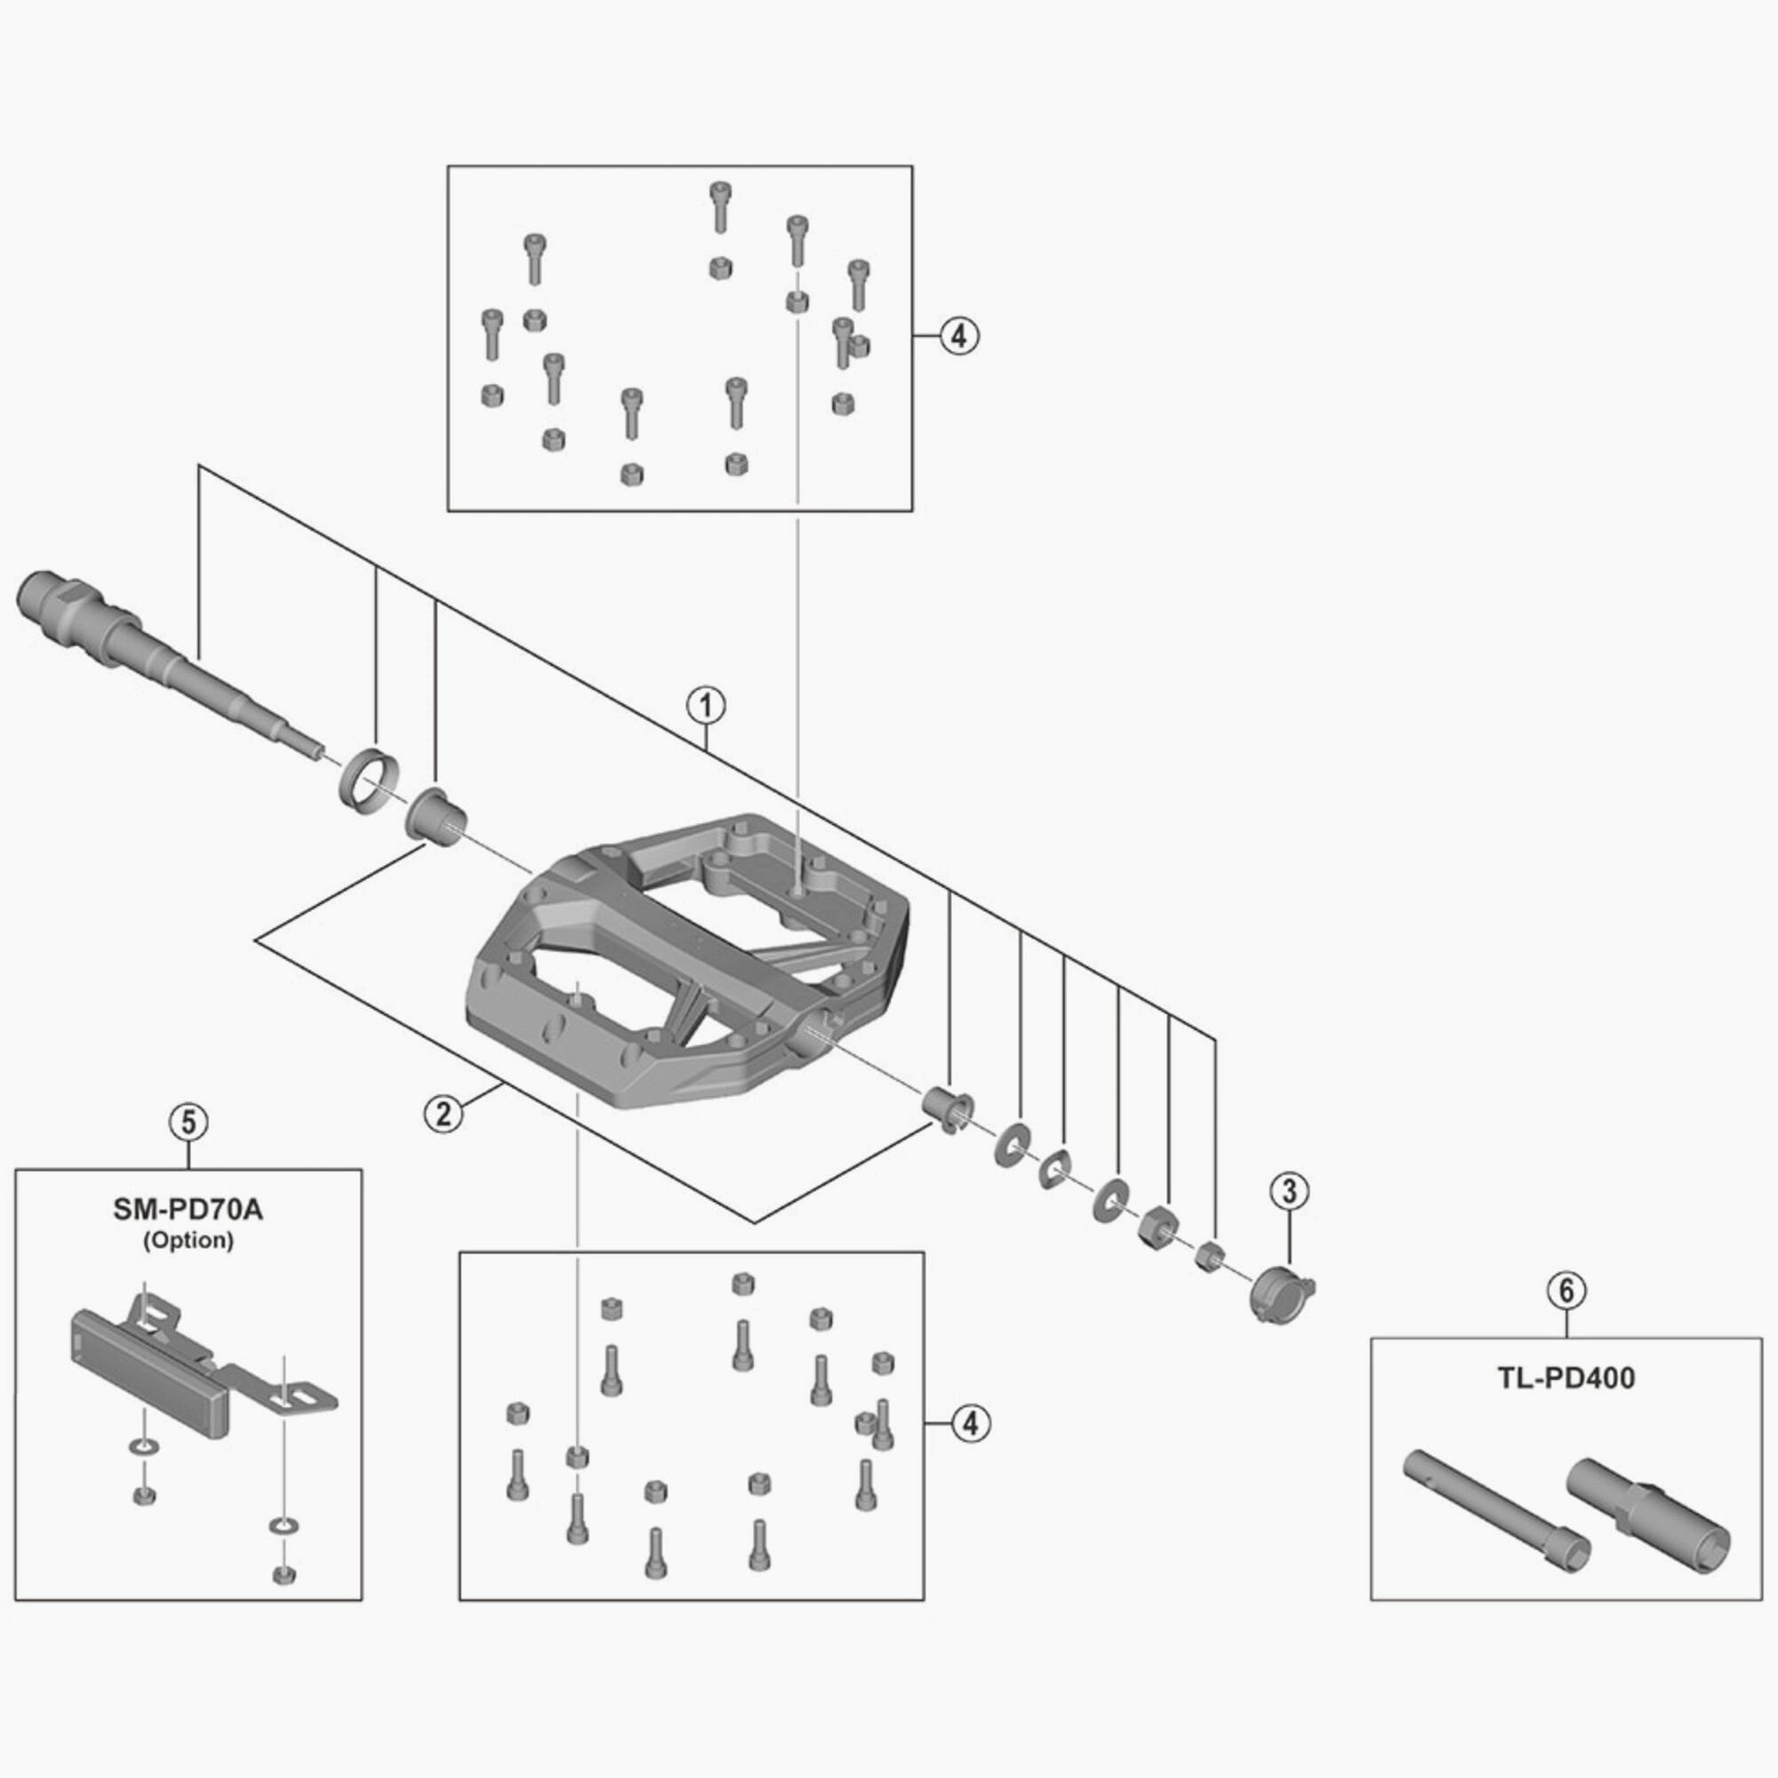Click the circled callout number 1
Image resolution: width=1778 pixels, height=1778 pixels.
(706, 706)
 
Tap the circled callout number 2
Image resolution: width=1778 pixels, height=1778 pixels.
(444, 1115)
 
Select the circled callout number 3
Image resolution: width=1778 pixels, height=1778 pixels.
(1288, 1191)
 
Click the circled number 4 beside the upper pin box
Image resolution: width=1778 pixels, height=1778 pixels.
(959, 336)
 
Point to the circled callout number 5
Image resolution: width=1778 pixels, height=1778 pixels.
(188, 1122)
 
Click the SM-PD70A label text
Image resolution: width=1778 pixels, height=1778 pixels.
(188, 1210)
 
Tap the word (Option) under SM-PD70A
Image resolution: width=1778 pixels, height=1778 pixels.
(188, 1240)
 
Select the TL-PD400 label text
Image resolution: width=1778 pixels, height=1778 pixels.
(1566, 1379)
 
